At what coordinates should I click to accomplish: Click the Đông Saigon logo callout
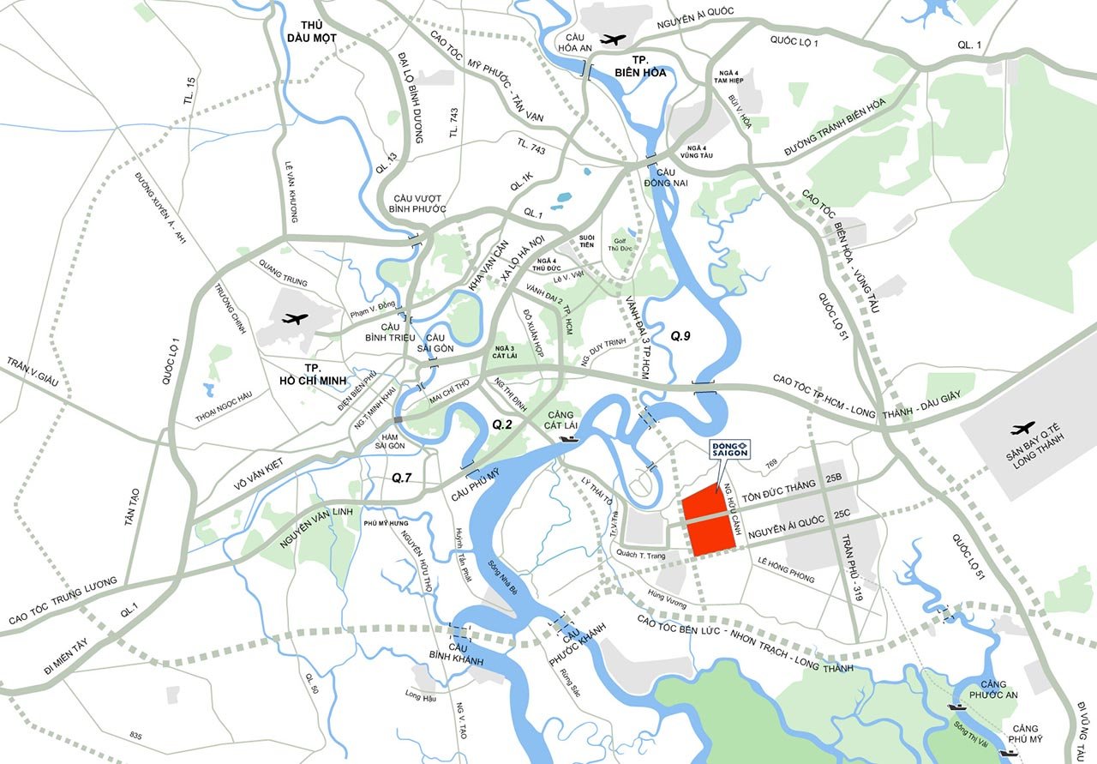(x=730, y=451)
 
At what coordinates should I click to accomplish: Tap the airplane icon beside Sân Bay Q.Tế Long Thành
(x=1022, y=428)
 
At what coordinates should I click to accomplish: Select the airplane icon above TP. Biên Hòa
(x=613, y=39)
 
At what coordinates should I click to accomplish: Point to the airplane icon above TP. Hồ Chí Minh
(x=294, y=319)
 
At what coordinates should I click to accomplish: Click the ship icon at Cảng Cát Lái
(x=567, y=438)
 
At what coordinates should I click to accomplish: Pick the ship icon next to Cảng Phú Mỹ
(x=1008, y=752)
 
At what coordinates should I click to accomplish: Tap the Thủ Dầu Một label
(x=313, y=31)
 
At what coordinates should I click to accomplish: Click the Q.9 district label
(x=680, y=336)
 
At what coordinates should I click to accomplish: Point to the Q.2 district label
(x=501, y=424)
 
